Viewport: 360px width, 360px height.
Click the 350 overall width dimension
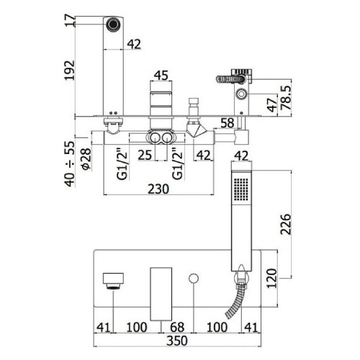coord(177,341)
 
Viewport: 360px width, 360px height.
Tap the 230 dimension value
coord(158,189)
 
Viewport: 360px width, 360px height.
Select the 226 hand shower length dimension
coord(286,224)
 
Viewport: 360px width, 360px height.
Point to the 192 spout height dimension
coord(70,71)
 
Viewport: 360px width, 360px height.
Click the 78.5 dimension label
coord(286,97)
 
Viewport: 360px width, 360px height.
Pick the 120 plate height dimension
coord(271,278)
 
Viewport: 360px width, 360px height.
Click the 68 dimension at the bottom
coord(177,327)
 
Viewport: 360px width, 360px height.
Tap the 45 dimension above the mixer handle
coord(161,76)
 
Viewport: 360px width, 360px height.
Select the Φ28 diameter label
coord(86,159)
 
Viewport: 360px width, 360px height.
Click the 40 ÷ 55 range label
coord(70,164)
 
